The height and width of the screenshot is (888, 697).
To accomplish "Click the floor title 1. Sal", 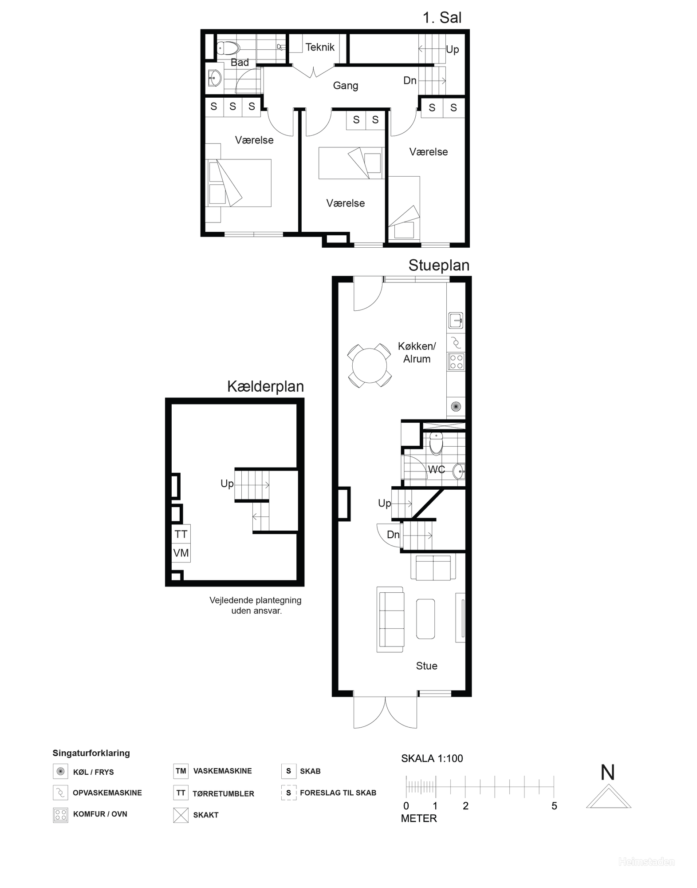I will tap(442, 18).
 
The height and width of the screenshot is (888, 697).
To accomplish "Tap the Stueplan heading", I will tap(438, 266).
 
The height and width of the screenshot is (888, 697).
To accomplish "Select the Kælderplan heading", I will tap(265, 386).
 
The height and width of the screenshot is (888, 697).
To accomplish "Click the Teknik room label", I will tap(319, 47).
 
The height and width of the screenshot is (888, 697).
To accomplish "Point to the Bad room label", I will tap(240, 63).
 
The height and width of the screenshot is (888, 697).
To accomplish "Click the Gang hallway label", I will tap(345, 85).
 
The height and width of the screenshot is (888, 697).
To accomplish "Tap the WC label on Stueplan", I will tap(436, 469).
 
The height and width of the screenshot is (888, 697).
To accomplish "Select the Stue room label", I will tap(426, 666).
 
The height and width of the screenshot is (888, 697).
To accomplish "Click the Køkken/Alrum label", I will tap(417, 353).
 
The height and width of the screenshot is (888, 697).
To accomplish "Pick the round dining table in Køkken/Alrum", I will tap(370, 365).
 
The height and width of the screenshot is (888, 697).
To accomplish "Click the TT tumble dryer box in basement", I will tap(181, 535).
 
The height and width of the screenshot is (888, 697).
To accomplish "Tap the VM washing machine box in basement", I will tap(181, 553).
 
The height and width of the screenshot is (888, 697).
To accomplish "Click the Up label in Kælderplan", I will tap(227, 484).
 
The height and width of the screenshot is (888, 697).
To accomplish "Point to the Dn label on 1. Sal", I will tap(410, 81).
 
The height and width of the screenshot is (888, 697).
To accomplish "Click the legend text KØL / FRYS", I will tap(94, 772).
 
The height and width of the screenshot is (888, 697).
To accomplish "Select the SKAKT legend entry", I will tap(205, 815).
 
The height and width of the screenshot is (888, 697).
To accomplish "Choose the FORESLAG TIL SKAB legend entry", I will tap(338, 793).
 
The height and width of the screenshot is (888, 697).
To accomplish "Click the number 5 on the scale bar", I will tap(554, 806).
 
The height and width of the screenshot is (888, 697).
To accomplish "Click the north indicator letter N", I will tap(607, 773).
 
